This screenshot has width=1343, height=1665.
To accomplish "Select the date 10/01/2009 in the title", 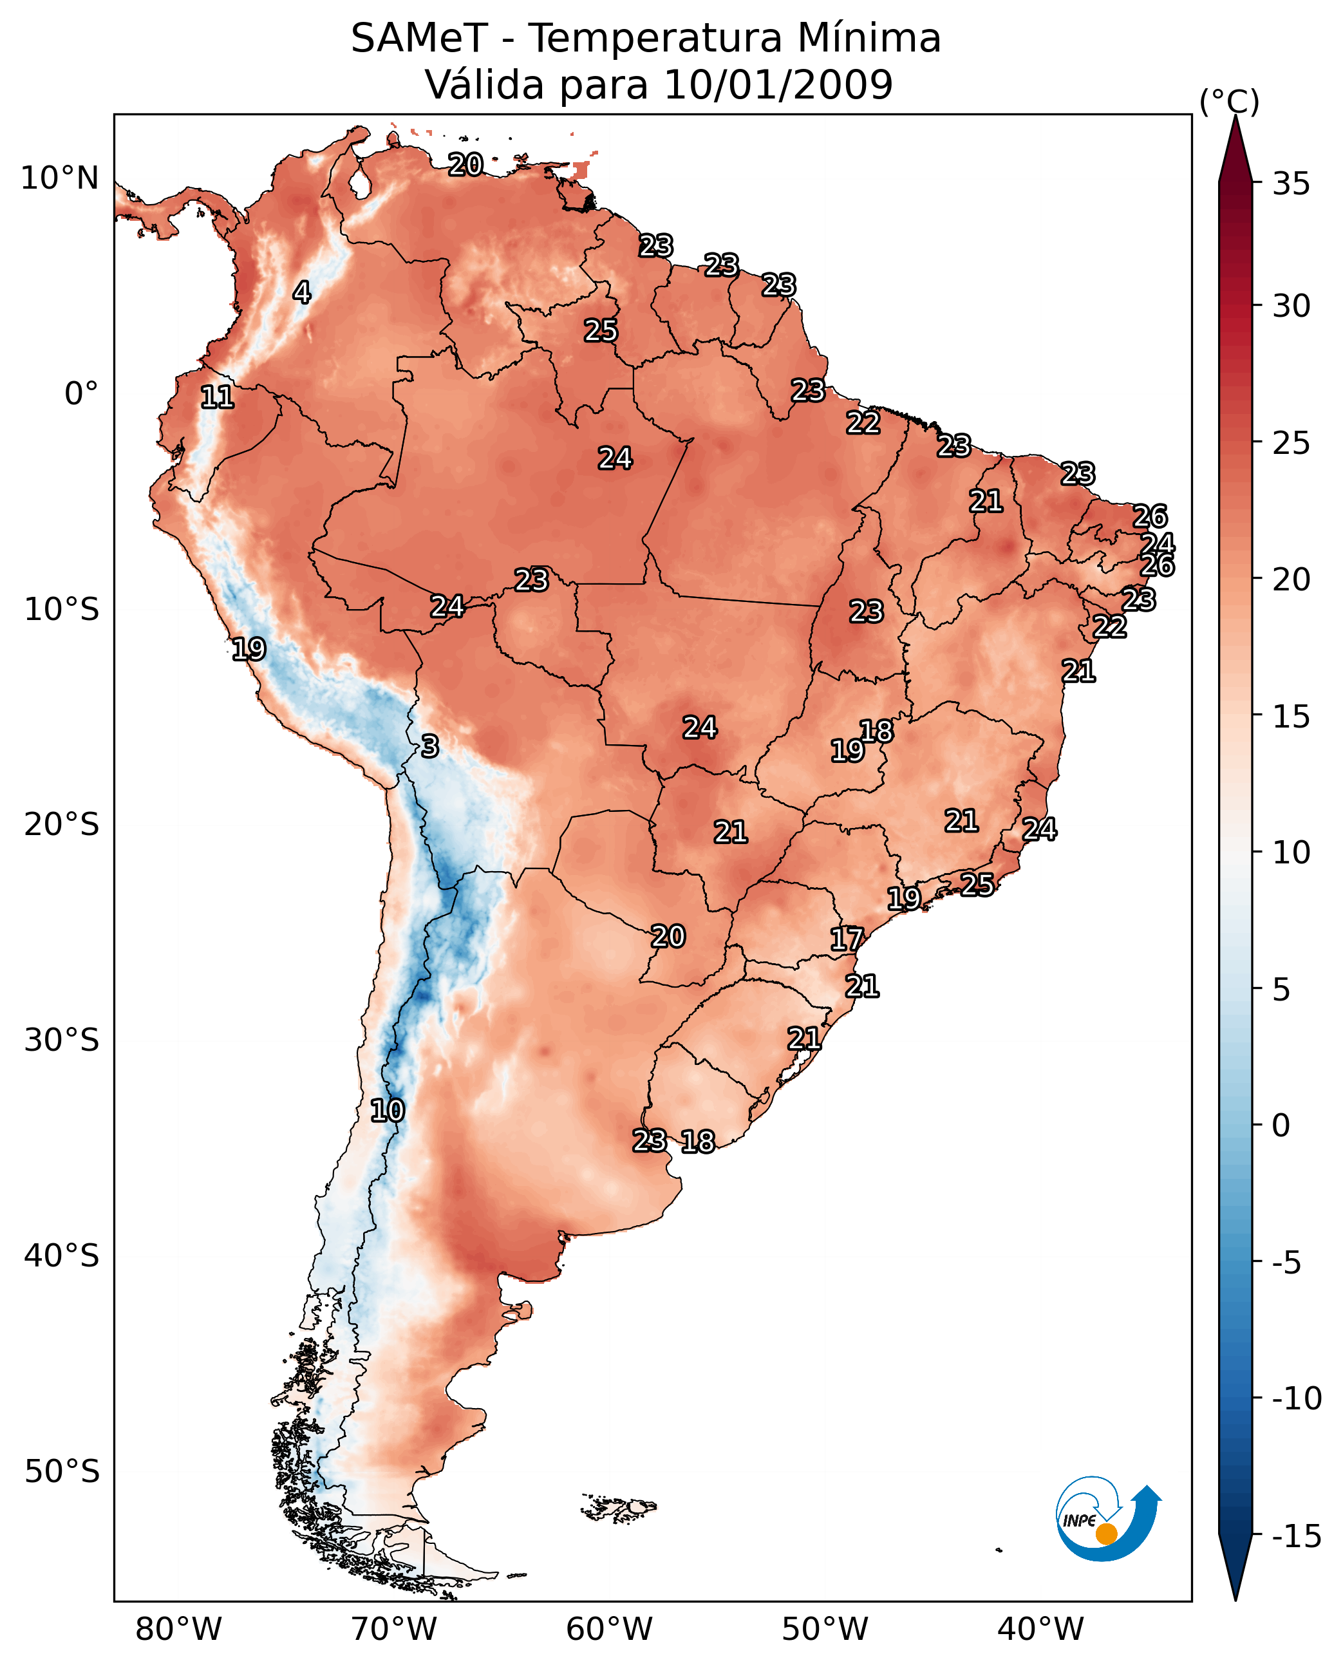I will [778, 84].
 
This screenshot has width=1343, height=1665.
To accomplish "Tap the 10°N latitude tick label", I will [60, 179].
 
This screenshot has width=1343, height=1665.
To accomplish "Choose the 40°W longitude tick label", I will [1040, 1630].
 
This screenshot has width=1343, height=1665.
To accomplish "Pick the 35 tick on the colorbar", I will [1291, 184].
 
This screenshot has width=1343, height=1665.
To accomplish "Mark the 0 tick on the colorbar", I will [1281, 1125].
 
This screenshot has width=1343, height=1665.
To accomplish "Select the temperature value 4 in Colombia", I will [302, 292].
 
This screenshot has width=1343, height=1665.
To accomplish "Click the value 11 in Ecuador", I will [218, 398].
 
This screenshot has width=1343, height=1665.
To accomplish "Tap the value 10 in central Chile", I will [387, 1111].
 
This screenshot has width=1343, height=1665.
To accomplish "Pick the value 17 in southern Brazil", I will [847, 939].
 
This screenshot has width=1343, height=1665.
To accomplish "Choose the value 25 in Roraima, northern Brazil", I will [600, 331].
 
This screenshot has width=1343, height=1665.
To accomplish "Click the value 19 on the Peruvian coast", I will [249, 649].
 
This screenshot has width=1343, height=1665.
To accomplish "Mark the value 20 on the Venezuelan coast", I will [465, 165].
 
